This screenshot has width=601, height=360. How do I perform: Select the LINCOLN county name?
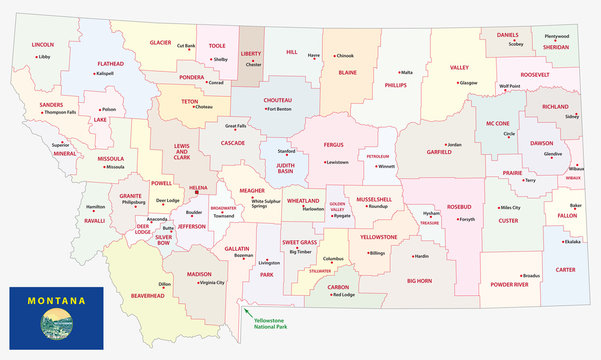43,45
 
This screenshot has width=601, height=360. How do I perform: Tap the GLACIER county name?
160,43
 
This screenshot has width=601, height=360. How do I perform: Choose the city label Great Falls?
236,126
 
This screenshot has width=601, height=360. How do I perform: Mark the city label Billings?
377,253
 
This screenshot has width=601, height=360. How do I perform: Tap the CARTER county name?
565,270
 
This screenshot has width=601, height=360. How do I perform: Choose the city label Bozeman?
244,256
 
